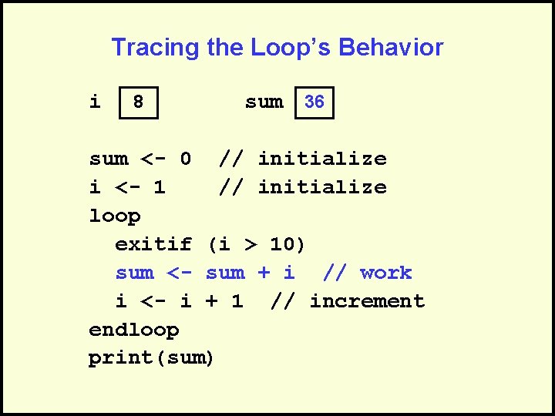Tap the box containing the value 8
(x=139, y=102)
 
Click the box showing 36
(x=314, y=102)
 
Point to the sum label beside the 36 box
(x=264, y=102)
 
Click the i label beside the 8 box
(x=95, y=102)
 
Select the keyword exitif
(x=153, y=244)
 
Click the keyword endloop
(x=134, y=330)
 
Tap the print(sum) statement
(x=151, y=358)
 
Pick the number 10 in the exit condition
(x=282, y=244)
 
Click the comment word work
(x=385, y=273)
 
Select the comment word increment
(x=367, y=301)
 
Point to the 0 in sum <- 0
(x=185, y=159)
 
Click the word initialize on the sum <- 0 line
(x=322, y=159)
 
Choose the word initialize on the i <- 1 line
(x=322, y=187)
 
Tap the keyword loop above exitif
(x=115, y=216)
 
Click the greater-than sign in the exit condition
(x=250, y=244)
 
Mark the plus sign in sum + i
(x=264, y=273)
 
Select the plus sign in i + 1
(x=211, y=301)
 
